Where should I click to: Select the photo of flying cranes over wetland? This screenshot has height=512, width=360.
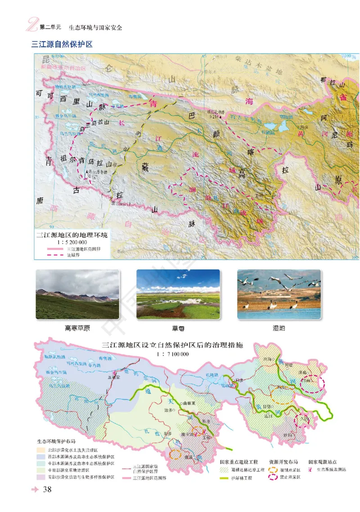[x=279, y=295]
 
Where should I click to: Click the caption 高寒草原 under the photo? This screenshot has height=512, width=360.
[x=77, y=328]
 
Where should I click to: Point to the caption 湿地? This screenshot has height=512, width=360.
[x=279, y=328]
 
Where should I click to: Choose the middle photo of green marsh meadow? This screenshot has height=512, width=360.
[x=178, y=295]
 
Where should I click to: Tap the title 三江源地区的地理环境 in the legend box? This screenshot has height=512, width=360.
[x=72, y=235]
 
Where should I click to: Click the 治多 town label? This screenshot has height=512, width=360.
[x=170, y=410]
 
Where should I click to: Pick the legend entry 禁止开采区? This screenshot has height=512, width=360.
[x=289, y=476]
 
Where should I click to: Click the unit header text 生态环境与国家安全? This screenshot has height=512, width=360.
[x=95, y=27]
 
